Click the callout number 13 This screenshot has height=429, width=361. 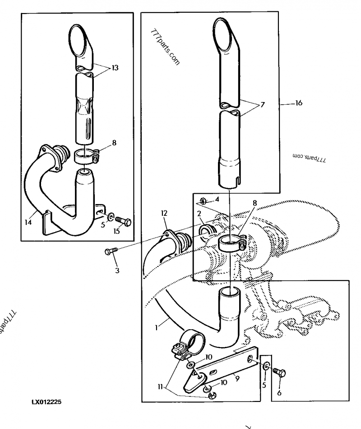click(115, 68)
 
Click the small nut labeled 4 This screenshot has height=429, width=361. click(203, 201)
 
